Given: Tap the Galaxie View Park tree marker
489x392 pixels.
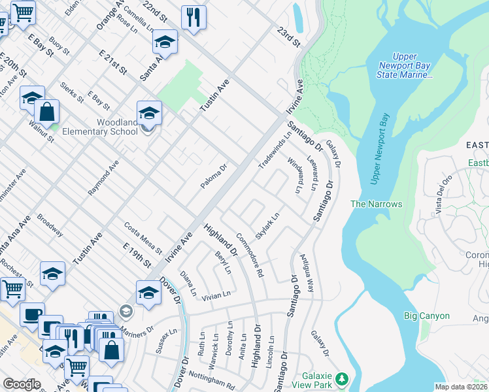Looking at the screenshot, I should tap(341, 379).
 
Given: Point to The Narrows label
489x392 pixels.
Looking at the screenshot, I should tap(376, 204).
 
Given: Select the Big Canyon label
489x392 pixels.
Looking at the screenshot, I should tap(426, 316).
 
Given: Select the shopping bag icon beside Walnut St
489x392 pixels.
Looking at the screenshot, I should tap(47, 112).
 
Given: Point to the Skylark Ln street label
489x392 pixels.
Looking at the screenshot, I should tap(267, 225).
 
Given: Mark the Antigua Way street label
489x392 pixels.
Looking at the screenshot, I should tap(306, 274).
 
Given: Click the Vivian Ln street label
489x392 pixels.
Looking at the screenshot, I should tap(216, 295).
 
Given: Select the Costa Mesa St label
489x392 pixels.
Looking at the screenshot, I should tap(143, 237).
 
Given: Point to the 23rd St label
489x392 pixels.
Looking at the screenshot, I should tap(287, 37).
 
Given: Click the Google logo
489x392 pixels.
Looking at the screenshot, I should tap(22, 384).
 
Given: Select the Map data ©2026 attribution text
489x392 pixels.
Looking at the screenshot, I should tap(461, 387).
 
